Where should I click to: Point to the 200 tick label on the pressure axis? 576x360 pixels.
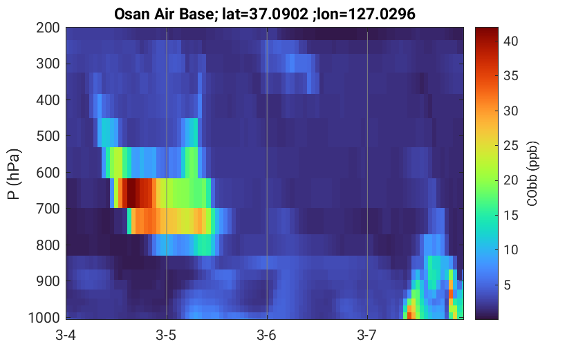(x=48, y=28)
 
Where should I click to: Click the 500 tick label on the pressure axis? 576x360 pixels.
(x=48, y=136)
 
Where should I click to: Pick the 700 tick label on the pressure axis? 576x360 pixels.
(x=48, y=209)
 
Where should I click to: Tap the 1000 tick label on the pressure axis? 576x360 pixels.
(x=44, y=317)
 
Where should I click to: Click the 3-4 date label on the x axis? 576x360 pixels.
(x=66, y=335)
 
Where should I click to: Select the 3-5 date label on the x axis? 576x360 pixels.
(x=166, y=335)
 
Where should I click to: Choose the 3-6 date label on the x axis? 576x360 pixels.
(x=266, y=335)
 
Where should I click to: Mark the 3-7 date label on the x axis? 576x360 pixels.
(x=367, y=335)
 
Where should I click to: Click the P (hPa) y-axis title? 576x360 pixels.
(x=13, y=174)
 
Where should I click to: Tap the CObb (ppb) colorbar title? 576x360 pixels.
(x=532, y=173)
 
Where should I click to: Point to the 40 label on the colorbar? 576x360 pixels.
(x=510, y=41)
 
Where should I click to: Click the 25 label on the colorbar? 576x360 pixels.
(x=510, y=146)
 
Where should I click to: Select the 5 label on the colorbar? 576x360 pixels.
(x=508, y=285)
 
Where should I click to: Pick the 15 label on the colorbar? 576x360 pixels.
(x=510, y=216)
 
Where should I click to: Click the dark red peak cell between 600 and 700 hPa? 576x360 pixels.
(x=131, y=193)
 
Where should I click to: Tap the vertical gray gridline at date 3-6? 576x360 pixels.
(x=267, y=173)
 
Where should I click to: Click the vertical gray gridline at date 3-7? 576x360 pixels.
(x=367, y=173)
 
